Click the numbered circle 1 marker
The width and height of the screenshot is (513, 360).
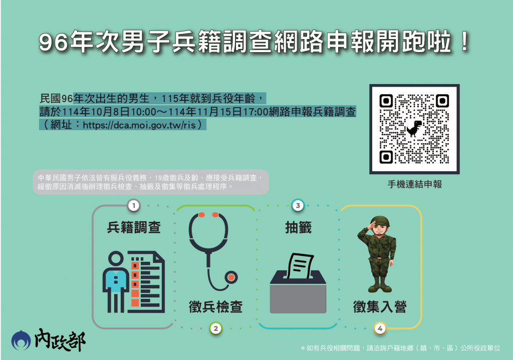(133, 206)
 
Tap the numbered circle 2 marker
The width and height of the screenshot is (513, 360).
(215, 328)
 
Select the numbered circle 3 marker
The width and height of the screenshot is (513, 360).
(298, 206)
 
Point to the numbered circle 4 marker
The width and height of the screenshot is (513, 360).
(380, 328)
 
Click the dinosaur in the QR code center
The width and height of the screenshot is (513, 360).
(414, 129)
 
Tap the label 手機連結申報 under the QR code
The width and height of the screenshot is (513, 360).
(414, 184)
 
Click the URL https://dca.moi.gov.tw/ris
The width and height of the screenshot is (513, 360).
(139, 125)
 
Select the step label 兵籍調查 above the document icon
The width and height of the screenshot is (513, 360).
(134, 227)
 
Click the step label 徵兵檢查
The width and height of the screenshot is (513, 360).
(215, 307)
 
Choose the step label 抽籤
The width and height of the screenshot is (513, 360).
(298, 227)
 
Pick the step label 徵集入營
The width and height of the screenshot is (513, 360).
(380, 307)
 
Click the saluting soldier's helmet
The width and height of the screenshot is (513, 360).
(380, 220)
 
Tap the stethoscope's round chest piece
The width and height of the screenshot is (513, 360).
(231, 277)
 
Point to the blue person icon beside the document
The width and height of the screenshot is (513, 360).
(116, 282)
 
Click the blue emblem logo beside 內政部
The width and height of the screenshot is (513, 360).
(21, 340)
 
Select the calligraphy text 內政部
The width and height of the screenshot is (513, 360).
(60, 340)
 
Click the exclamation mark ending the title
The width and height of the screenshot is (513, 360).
(464, 41)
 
